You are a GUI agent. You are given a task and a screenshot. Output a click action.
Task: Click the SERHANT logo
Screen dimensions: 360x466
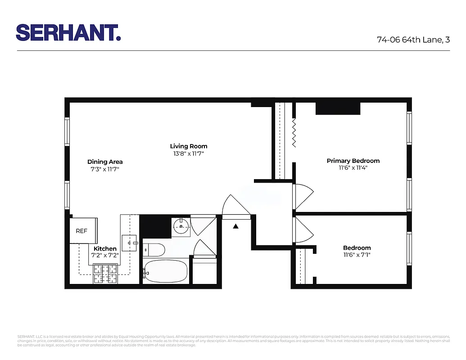tap(68, 33)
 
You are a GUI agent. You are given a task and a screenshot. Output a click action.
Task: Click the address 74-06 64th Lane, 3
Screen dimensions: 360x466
tap(413, 40)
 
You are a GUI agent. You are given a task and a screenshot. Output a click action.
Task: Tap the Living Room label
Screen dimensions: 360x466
tap(188, 146)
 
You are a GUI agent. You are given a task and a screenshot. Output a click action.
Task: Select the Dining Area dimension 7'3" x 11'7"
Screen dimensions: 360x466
tap(104, 169)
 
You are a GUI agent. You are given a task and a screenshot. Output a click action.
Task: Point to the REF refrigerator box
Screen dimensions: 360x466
tap(82, 231)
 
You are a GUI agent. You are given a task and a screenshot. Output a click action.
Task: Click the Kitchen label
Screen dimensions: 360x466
tap(105, 249)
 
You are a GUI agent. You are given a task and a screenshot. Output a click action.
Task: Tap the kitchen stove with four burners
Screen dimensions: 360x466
tap(105, 273)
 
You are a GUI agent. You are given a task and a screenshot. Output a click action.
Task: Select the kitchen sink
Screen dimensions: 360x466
tap(129, 243)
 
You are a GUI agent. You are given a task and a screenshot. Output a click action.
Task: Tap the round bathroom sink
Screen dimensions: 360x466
tap(181, 226)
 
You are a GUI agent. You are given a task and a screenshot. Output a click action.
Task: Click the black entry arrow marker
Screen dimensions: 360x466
tap(235, 226)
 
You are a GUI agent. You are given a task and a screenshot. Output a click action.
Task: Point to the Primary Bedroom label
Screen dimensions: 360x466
tap(353, 161)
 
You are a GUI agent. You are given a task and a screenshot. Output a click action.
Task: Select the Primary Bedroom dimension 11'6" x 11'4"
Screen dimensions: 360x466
tap(353, 168)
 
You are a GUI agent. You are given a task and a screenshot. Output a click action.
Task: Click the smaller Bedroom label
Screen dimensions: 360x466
tap(357, 248)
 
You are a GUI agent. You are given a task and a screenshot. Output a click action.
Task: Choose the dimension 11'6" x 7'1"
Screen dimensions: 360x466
tap(357, 255)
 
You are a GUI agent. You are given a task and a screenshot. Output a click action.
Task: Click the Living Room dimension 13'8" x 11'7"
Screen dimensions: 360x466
tap(188, 154)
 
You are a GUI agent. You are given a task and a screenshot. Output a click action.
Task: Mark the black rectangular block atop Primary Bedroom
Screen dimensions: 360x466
tap(338, 109)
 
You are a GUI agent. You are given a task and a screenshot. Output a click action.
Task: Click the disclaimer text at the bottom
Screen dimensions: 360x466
tap(233, 341)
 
